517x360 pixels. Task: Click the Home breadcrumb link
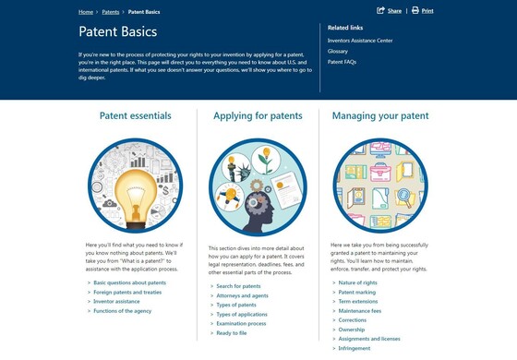pos(86,12)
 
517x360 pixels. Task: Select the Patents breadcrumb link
pos(111,12)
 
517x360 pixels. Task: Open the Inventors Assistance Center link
pos(362,39)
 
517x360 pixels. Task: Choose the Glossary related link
pos(338,51)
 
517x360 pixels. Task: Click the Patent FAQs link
pos(343,62)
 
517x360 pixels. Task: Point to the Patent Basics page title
pos(118,32)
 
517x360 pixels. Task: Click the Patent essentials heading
pos(135,116)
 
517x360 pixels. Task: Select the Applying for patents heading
pos(258,116)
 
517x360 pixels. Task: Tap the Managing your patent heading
pos(379,116)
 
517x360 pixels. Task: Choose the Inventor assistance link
pos(116,302)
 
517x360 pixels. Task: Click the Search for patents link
pos(238,286)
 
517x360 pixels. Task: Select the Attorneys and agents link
pos(242,295)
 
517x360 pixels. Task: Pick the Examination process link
pos(241,324)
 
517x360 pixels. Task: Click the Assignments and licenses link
pos(370,339)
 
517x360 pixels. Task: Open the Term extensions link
pos(358,301)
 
